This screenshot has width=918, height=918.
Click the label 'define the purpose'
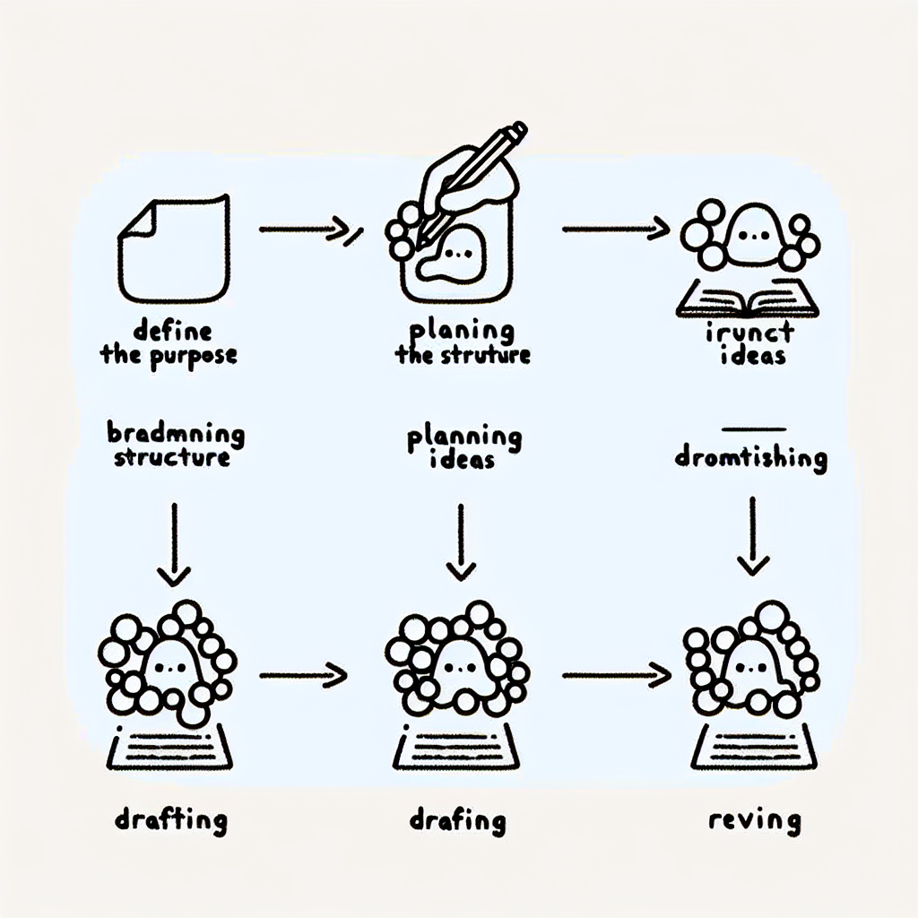coord(169,343)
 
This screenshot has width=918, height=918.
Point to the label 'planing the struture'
coord(463,343)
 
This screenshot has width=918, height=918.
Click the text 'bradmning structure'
coord(176,446)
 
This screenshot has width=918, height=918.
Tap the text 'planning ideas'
coord(463,447)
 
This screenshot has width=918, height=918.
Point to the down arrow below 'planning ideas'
coord(460,542)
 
